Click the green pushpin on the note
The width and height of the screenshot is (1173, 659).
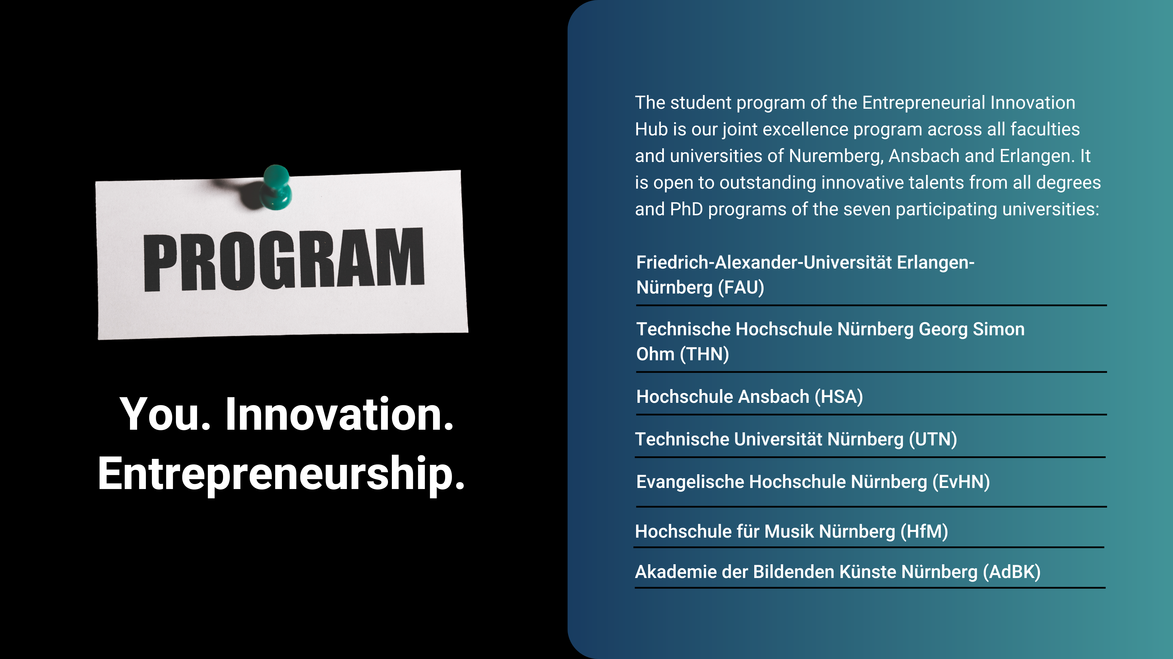(276, 188)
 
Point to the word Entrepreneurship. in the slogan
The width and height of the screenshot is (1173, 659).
(281, 474)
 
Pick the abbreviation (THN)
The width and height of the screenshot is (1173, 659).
(705, 354)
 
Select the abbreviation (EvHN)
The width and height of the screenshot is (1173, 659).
(961, 482)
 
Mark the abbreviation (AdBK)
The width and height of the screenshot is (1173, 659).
(1012, 572)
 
